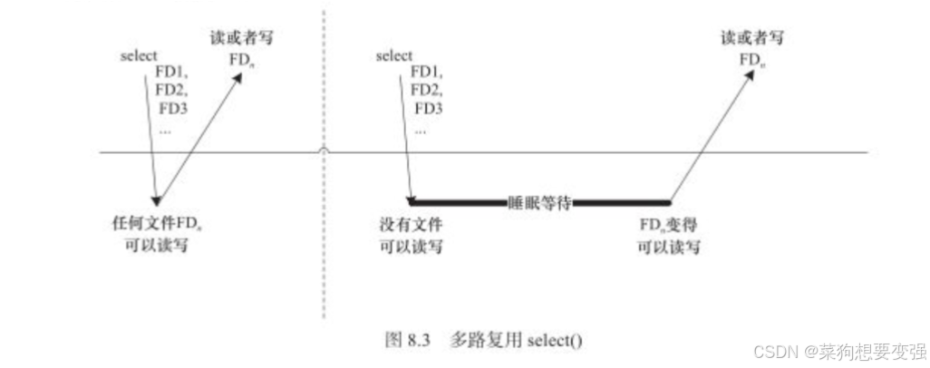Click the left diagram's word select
(x=139, y=55)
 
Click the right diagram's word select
(x=393, y=55)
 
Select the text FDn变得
(x=669, y=226)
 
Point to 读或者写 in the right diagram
(x=751, y=39)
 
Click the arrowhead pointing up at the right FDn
(x=750, y=74)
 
